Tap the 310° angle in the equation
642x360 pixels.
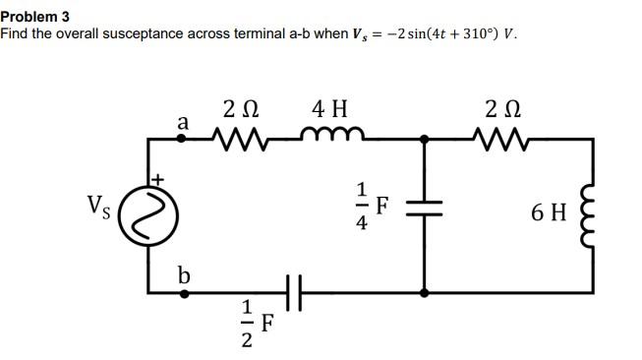463,33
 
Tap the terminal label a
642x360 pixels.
182,122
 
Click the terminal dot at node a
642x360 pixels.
182,140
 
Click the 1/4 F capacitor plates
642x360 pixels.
425,209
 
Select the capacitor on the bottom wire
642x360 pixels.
291,292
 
